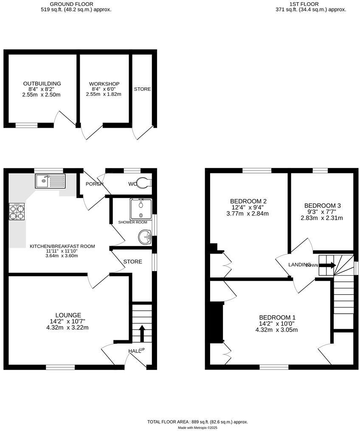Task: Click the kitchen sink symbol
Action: [50, 181]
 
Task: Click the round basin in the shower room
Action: [144, 237]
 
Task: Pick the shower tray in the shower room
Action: [141, 208]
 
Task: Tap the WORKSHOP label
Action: [104, 84]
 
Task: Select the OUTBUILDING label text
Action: [42, 84]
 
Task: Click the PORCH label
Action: [92, 184]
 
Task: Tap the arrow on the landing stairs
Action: [327, 266]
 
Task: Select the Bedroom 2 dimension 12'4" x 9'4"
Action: [248, 207]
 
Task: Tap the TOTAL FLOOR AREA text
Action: [197, 422]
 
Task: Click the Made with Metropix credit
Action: [197, 428]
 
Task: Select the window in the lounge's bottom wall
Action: [60, 367]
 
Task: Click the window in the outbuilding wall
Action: [27, 125]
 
